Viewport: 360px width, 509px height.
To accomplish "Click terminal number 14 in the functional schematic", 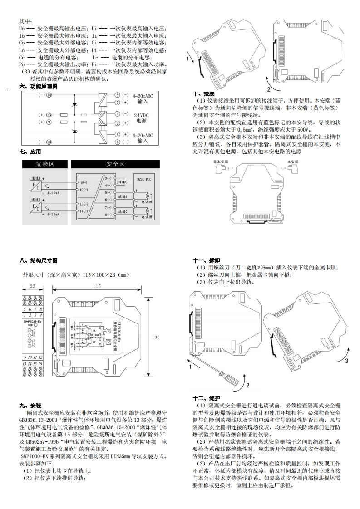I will pyautogui.click(x=49, y=95).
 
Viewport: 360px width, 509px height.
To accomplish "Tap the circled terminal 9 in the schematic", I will pyautogui.click(x=49, y=122).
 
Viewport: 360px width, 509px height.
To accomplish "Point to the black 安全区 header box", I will pyautogui.click(x=115, y=164).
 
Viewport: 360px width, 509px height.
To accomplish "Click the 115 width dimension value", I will pyautogui.click(x=97, y=286).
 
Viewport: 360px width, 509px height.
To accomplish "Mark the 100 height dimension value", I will pyautogui.click(x=156, y=337).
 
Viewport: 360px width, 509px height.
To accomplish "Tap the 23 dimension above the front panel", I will pyautogui.click(x=32, y=286).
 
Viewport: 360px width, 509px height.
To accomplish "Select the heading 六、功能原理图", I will pyautogui.click(x=39, y=86).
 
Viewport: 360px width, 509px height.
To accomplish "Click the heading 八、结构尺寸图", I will pyautogui.click(x=39, y=260).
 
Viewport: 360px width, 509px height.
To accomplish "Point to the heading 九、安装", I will pyautogui.click(x=30, y=405).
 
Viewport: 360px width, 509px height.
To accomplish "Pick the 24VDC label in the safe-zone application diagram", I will pyautogui.click(x=123, y=181).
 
